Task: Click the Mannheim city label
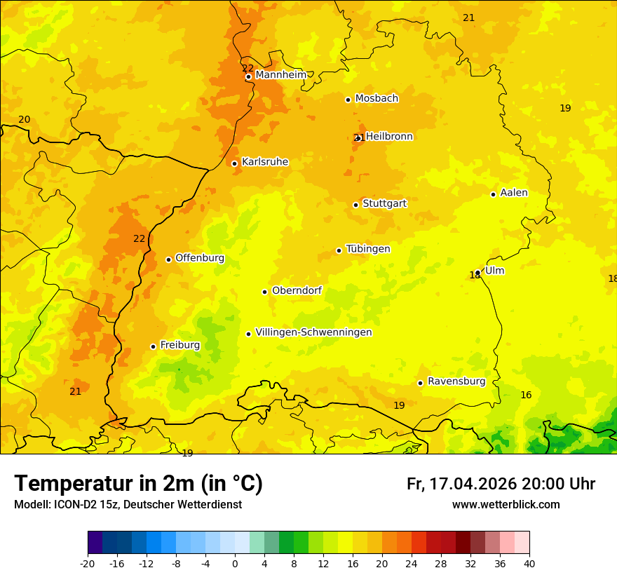281,75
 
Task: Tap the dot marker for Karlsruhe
234,163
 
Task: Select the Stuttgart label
384,203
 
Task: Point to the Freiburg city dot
153,346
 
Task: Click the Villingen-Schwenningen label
313,332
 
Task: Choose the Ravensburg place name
456,381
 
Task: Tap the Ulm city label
494,271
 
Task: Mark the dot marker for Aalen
493,194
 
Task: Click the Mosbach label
377,99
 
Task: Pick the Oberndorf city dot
264,292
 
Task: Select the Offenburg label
200,258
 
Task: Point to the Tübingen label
368,249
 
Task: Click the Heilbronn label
389,137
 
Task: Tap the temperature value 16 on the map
526,395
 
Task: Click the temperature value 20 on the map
25,120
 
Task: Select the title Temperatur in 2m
138,484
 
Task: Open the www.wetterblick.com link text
506,505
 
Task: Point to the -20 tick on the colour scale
88,563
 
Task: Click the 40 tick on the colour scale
529,563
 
